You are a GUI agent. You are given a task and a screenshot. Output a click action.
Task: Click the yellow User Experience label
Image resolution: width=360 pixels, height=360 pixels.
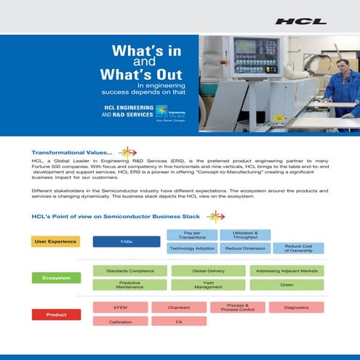pos(55,241)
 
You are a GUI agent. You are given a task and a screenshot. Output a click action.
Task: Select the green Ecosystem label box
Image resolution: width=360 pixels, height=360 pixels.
pos(55,277)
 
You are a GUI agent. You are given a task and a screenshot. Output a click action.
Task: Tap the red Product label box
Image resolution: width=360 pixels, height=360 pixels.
pos(55,314)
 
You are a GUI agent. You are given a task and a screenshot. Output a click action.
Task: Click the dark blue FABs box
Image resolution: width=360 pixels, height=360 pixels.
pos(126,241)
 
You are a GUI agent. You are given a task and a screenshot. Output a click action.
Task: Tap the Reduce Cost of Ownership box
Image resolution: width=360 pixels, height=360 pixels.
pos(297,248)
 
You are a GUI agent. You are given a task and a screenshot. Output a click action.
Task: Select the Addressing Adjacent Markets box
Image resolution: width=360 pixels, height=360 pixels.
pos(287,271)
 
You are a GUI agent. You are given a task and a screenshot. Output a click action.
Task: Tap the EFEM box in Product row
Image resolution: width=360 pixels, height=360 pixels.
pos(120,308)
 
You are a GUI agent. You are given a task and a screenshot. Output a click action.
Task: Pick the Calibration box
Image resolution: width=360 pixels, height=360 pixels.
pos(120,321)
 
